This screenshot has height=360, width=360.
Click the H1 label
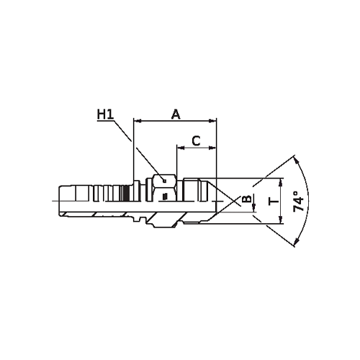point(105,114)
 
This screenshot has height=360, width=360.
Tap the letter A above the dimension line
point(176,114)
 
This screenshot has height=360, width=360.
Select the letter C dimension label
point(197,141)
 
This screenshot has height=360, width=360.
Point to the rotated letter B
point(246,199)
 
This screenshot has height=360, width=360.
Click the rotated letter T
point(274,202)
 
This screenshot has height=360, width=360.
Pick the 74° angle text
point(299,201)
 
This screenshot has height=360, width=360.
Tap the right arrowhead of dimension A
point(212,121)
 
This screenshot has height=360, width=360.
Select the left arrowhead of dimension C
point(181,148)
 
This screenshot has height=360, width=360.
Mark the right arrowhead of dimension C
point(212,148)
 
